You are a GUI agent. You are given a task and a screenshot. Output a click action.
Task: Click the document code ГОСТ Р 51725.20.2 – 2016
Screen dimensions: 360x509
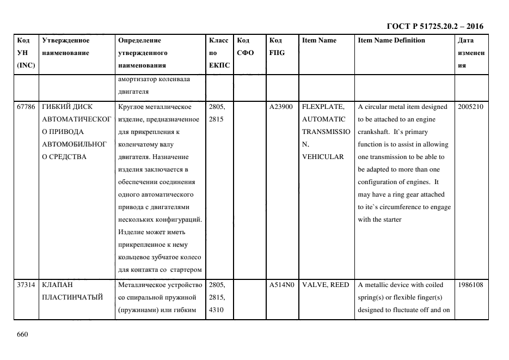[x=434, y=26]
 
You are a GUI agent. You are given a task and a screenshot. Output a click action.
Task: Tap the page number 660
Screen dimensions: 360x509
[x=22, y=334]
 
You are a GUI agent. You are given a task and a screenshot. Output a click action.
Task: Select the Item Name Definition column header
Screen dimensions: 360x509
[x=391, y=40]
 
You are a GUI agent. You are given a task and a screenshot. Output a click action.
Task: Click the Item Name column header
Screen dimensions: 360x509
[x=319, y=40]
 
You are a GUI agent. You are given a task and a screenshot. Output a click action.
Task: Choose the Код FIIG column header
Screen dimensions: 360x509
[x=277, y=46]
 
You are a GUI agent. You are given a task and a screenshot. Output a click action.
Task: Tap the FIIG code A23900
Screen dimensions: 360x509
[x=281, y=107]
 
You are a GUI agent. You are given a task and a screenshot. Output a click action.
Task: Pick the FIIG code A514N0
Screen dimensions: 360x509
[x=281, y=285]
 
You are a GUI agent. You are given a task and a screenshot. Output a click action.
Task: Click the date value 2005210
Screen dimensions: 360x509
[x=470, y=107]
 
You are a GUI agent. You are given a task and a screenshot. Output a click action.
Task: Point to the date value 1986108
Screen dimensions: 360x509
[x=470, y=285]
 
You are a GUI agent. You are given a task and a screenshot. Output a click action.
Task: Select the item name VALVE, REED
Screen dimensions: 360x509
[x=326, y=285]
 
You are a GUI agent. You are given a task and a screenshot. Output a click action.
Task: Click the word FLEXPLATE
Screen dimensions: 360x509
[x=323, y=107]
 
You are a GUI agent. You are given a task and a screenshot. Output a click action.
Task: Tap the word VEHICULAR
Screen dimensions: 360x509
[x=323, y=157]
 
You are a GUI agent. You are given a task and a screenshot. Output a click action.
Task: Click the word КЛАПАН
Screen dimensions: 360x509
[x=57, y=285]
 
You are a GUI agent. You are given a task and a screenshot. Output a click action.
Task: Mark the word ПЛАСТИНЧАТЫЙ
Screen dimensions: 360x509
[x=72, y=297]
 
